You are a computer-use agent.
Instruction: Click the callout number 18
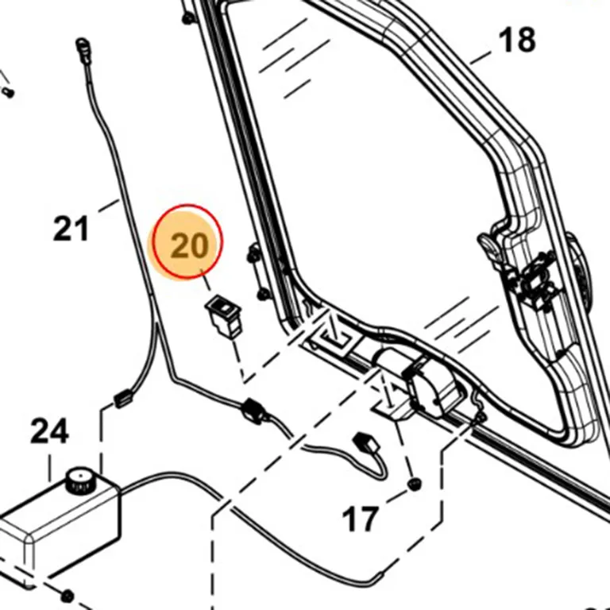click(x=516, y=40)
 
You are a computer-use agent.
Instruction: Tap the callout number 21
click(x=71, y=229)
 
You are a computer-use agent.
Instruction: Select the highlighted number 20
click(x=190, y=246)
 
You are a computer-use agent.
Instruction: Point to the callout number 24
click(x=50, y=430)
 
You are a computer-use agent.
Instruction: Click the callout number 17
click(x=361, y=519)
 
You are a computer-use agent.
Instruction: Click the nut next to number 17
click(x=415, y=485)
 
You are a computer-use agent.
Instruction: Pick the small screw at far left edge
click(x=8, y=92)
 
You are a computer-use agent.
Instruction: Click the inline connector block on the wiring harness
click(x=254, y=411)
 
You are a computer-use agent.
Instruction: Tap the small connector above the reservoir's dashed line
click(x=123, y=399)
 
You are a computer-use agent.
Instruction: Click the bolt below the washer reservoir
click(x=68, y=596)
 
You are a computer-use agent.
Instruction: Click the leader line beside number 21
click(x=109, y=206)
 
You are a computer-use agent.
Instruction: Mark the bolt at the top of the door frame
click(x=188, y=18)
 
